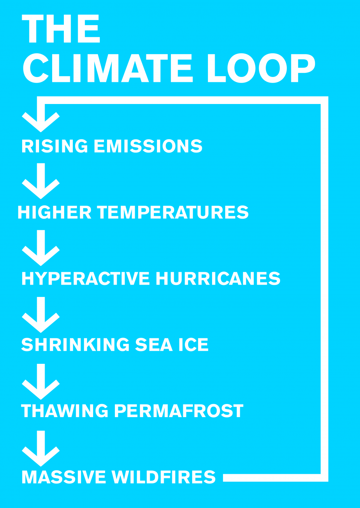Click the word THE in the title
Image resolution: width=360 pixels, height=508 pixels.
tap(61, 29)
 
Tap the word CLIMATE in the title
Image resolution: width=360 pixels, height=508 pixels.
tap(108, 68)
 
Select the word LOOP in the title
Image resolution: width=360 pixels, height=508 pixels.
tap(261, 68)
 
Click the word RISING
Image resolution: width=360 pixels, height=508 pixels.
tap(55, 146)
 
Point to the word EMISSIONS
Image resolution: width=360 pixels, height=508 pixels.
tap(148, 146)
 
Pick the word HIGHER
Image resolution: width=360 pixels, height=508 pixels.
tap(54, 213)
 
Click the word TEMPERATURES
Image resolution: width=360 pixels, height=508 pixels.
tap(173, 213)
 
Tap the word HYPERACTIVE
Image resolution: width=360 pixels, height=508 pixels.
tap(86, 279)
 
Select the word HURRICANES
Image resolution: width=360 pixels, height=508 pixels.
tap(218, 279)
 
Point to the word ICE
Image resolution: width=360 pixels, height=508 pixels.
tap(193, 345)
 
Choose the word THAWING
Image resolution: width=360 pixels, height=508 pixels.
tap(65, 411)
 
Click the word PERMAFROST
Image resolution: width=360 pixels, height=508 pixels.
tap(179, 411)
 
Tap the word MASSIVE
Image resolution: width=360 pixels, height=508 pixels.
tap(64, 477)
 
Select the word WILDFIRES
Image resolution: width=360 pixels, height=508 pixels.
tap(164, 477)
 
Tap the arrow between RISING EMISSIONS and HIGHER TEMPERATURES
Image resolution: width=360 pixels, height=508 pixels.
tap(41, 182)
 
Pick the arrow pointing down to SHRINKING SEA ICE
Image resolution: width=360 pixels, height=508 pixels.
tap(41, 315)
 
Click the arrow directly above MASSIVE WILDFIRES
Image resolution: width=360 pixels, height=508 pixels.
tap(41, 449)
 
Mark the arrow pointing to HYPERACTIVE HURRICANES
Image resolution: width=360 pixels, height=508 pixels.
tap(41, 249)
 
